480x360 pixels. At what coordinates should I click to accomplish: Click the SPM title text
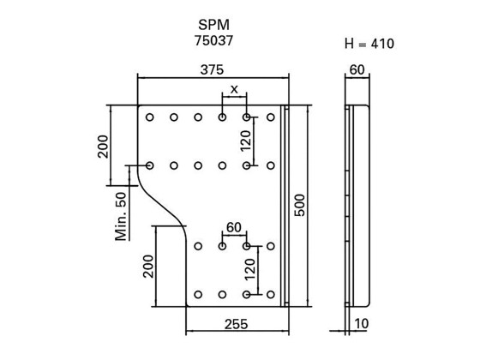point(213,24)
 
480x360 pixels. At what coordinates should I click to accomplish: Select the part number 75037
point(213,39)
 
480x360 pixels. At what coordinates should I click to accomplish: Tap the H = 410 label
point(368,43)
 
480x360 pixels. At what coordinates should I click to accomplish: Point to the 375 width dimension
point(214,70)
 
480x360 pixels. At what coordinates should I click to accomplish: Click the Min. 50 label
point(121,214)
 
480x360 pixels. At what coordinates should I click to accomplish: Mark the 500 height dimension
point(300,206)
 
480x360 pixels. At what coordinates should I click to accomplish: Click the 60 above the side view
point(357,70)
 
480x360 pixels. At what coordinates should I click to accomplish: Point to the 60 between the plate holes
point(233,227)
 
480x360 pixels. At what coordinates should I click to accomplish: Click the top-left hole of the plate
point(150,117)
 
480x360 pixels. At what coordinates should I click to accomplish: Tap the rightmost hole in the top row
point(271,117)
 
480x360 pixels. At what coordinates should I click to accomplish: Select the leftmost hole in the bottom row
point(198,294)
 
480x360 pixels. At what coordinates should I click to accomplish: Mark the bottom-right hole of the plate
point(271,294)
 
